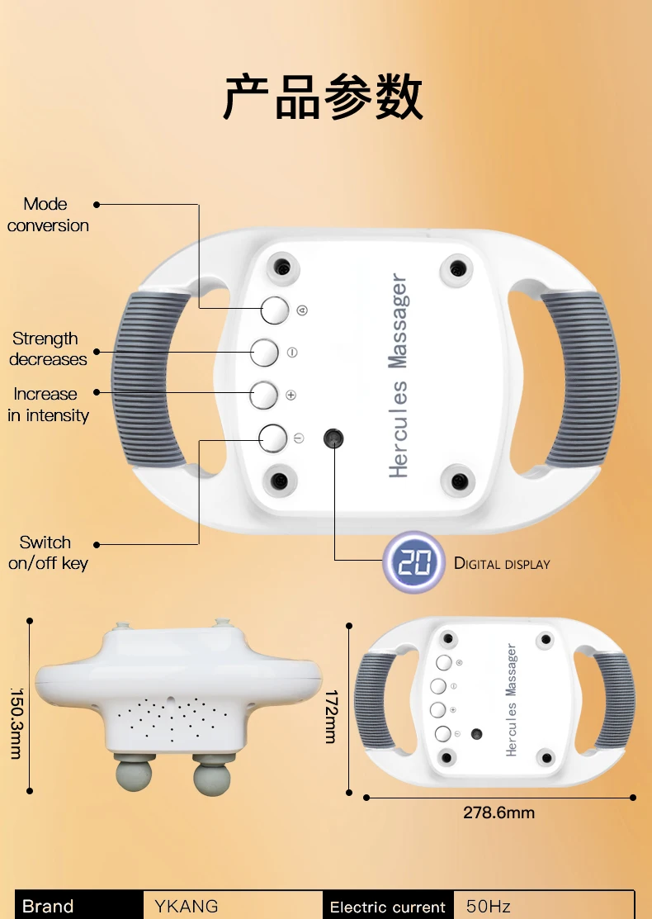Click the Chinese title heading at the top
(324, 97)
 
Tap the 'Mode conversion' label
(47, 215)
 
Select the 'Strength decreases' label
(47, 349)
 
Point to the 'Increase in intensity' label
(47, 405)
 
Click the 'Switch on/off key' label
(47, 553)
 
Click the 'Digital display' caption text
(502, 564)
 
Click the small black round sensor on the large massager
(333, 438)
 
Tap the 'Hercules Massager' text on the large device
(399, 376)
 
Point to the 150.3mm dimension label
(15, 723)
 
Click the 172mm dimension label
(330, 717)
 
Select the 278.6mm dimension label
(498, 812)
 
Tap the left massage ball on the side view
(132, 776)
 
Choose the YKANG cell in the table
(187, 906)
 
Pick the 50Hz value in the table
(489, 906)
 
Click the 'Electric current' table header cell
(388, 907)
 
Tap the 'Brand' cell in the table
(48, 906)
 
